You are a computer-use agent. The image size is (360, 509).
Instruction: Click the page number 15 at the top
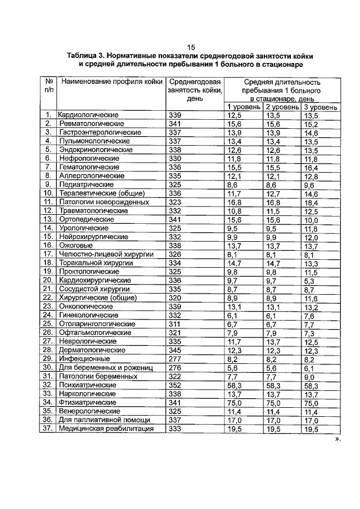click(x=191, y=47)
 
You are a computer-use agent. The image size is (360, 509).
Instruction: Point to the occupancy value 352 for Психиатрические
click(x=175, y=386)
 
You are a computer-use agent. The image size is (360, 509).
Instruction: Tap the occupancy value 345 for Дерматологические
click(x=175, y=351)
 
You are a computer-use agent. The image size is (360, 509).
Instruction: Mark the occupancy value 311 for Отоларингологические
click(x=175, y=325)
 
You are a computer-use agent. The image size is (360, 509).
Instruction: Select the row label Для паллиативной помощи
click(x=104, y=420)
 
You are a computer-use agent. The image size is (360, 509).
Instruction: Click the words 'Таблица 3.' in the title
click(x=86, y=56)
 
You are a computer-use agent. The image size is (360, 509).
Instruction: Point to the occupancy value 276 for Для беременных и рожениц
click(x=175, y=368)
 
